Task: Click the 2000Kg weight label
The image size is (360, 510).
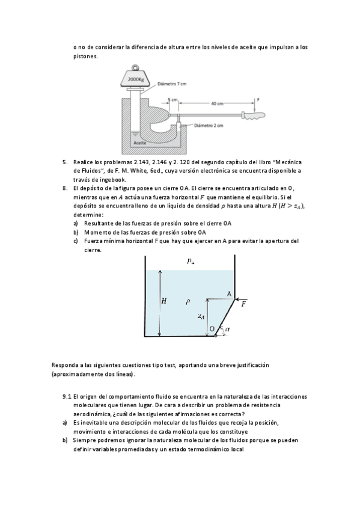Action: tap(136, 79)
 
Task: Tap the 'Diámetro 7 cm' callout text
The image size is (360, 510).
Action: tap(172, 84)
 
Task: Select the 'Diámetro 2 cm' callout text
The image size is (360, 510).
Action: tap(209, 126)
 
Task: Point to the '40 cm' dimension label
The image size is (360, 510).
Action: tap(217, 103)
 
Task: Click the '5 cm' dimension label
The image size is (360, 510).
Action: tap(173, 99)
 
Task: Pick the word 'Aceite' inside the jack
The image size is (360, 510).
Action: tap(139, 143)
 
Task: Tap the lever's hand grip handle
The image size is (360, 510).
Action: tap(254, 115)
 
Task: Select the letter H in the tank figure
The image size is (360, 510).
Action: tap(164, 301)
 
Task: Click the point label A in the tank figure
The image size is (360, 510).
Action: tap(229, 294)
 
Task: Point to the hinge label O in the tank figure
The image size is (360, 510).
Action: tap(212, 329)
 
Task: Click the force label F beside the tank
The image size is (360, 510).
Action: tap(243, 304)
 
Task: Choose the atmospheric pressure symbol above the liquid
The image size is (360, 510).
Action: tap(191, 261)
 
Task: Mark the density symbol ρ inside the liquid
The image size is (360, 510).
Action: tap(188, 302)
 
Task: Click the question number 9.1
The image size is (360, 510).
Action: tap(67, 396)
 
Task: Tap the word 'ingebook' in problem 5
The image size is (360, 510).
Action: tap(115, 180)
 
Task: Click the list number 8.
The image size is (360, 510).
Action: tap(65, 188)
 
